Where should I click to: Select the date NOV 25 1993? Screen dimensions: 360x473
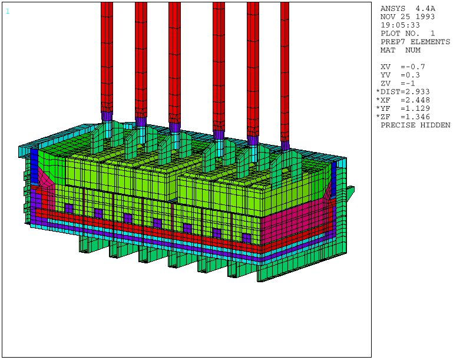[407, 16]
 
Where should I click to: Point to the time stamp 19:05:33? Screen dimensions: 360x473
[400, 25]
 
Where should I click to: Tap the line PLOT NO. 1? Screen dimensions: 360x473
[408, 34]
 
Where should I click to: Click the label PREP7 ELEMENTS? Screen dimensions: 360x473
[415, 42]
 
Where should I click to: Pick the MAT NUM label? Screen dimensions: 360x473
[401, 50]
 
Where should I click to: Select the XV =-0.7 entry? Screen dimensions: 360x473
[403, 67]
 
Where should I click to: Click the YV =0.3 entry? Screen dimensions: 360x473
[401, 75]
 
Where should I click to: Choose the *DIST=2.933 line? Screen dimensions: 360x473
[403, 91]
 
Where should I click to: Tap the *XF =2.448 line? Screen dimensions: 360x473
[403, 100]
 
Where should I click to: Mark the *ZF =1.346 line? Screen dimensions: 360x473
[403, 117]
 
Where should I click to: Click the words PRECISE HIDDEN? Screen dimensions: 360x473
[415, 125]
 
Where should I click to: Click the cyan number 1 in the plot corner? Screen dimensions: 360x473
[8, 11]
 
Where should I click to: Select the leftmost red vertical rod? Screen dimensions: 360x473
[107, 53]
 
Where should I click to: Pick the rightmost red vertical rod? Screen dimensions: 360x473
[285, 65]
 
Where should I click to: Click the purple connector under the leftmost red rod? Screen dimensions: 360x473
[107, 116]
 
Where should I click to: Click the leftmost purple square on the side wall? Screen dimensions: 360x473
[69, 208]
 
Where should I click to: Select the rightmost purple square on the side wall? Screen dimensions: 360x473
[246, 237]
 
